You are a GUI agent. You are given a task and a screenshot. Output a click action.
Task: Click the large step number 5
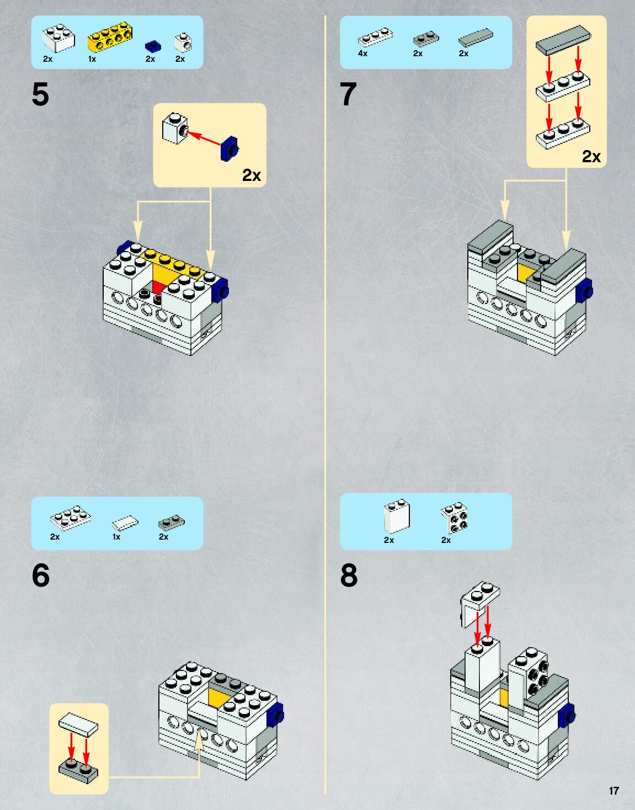tap(41, 94)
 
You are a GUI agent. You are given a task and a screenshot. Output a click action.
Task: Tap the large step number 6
tap(41, 575)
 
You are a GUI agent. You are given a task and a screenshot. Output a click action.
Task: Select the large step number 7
tap(348, 94)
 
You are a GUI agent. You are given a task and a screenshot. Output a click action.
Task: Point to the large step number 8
tap(349, 575)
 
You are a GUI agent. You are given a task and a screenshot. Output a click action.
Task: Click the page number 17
tap(613, 791)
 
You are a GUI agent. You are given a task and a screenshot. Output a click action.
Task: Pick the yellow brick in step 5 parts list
tap(110, 36)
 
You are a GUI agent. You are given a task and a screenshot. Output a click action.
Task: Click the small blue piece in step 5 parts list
tap(153, 46)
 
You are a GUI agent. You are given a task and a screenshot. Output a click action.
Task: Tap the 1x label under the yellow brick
tap(92, 59)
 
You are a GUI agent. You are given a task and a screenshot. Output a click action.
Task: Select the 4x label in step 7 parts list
tap(362, 54)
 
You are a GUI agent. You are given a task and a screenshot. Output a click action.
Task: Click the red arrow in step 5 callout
tap(204, 138)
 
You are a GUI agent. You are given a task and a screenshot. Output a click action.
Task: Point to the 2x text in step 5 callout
tap(252, 175)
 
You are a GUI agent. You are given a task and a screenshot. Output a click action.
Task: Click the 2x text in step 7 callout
tap(591, 157)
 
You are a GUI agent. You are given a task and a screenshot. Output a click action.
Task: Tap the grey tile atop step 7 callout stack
tap(563, 40)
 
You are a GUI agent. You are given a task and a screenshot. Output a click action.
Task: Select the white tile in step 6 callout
tap(79, 724)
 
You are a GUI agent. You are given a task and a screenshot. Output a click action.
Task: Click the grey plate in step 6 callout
tap(79, 769)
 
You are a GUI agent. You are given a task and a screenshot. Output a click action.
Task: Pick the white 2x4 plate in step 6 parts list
tap(71, 516)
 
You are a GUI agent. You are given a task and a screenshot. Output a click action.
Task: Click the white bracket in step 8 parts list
tap(454, 518)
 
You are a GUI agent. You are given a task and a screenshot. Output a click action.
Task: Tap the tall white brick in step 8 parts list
tap(397, 516)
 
